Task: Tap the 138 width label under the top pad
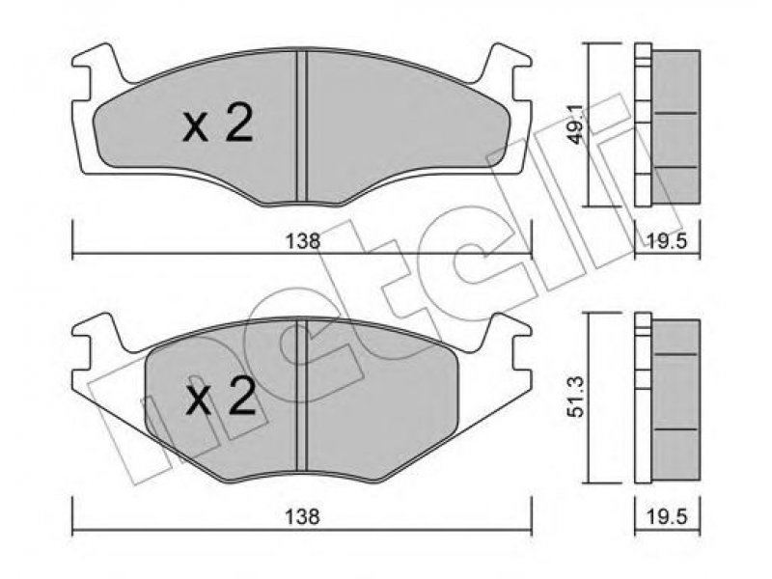click(303, 240)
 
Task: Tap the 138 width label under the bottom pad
click(303, 516)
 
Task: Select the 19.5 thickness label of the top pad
click(668, 241)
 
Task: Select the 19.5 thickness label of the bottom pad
click(668, 516)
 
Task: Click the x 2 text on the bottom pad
click(221, 396)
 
